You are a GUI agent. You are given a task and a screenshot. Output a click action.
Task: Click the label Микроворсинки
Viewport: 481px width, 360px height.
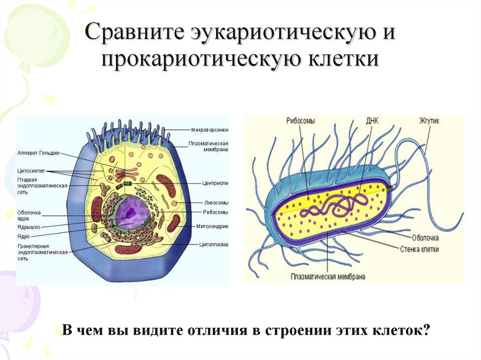coord(209,129)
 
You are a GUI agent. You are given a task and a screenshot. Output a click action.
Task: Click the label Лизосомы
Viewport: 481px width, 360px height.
coord(217,203)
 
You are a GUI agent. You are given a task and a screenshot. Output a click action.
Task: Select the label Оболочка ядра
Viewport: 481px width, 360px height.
coord(29,215)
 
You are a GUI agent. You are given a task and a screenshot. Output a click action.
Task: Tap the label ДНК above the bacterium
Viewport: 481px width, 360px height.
coord(372,121)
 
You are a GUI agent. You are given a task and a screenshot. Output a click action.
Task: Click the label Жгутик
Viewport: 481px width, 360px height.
coord(429,121)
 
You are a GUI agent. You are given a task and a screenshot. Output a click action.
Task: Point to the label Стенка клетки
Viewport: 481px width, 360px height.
coord(419,249)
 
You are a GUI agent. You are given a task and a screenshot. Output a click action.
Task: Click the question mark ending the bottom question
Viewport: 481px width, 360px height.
coord(426,330)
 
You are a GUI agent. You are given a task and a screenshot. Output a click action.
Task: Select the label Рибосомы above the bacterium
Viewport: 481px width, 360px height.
coord(301,121)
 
